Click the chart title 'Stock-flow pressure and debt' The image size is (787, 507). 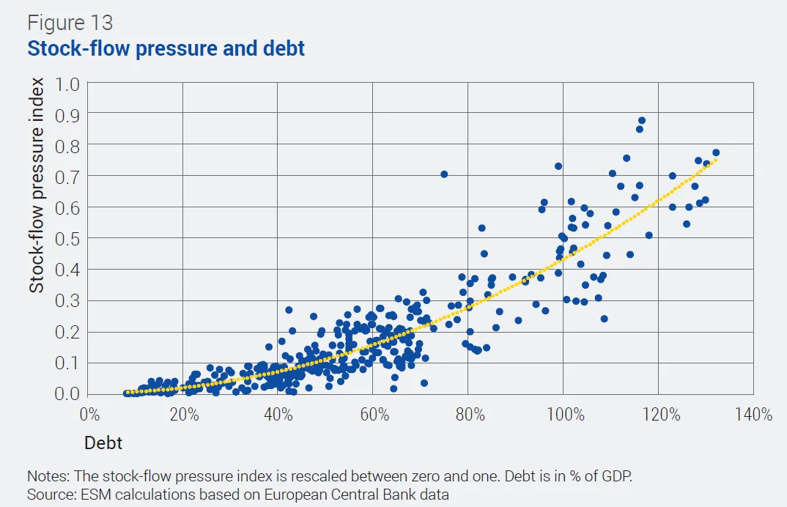click(x=166, y=49)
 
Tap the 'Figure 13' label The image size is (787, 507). click(x=70, y=23)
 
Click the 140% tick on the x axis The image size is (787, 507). click(x=753, y=415)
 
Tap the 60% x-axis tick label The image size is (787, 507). click(x=372, y=415)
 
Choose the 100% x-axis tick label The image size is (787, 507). click(x=563, y=415)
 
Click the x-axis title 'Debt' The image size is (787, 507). click(x=103, y=443)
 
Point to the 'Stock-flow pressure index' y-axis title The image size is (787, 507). click(x=37, y=185)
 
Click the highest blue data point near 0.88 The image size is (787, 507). click(x=642, y=120)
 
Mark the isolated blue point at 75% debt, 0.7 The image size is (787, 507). click(x=444, y=174)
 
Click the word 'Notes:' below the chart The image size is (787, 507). click(x=46, y=476)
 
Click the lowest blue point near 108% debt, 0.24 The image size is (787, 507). click(x=605, y=319)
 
